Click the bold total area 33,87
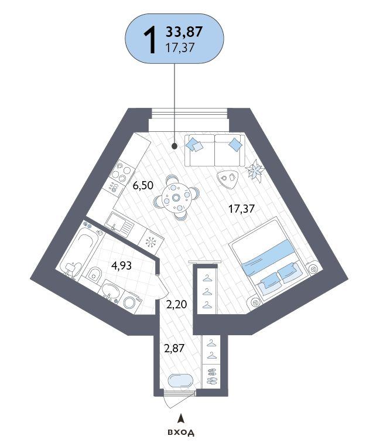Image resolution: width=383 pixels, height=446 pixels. [x=184, y=32]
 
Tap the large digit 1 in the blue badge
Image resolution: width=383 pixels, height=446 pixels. [x=150, y=39]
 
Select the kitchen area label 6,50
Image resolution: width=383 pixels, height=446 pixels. [x=143, y=185]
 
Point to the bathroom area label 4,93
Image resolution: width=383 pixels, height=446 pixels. [x=121, y=265]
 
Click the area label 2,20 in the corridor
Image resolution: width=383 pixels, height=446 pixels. [x=176, y=304]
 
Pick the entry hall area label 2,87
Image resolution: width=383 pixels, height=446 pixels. [x=174, y=348]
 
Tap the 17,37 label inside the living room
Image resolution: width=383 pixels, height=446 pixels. [x=241, y=209]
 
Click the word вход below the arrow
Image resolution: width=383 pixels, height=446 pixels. [x=181, y=433]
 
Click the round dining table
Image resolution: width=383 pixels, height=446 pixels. [x=176, y=198]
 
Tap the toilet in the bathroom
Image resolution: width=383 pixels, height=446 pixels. [x=94, y=274]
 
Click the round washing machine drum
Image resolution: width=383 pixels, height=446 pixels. [x=129, y=302]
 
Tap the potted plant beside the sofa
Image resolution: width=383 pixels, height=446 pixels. [x=255, y=171]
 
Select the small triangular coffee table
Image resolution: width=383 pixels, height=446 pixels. [x=227, y=179]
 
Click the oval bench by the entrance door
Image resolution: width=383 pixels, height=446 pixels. [x=181, y=380]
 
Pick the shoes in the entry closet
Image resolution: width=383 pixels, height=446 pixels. [x=211, y=376]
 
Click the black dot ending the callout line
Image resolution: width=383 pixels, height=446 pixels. [x=175, y=146]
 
